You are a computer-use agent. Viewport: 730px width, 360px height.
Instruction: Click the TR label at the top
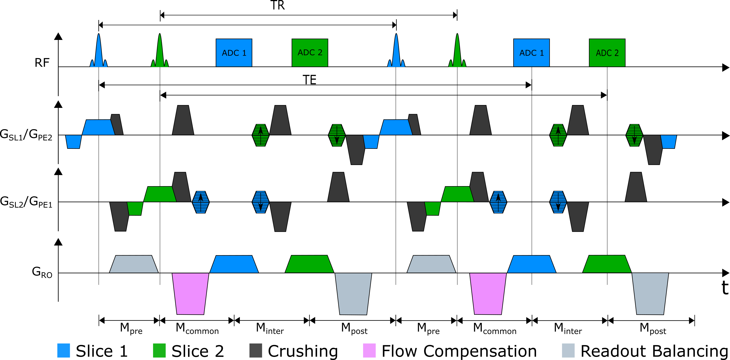tap(277, 5)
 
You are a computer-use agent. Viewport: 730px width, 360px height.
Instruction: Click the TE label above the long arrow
tap(309, 80)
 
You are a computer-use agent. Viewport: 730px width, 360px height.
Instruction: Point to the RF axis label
tap(42, 63)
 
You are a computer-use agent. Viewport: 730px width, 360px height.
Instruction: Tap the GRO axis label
tap(42, 272)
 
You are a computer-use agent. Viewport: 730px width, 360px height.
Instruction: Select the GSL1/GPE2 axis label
tap(26, 134)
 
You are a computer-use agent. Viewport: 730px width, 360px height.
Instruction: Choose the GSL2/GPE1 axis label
tap(26, 202)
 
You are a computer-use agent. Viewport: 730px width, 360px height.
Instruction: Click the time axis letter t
tap(724, 288)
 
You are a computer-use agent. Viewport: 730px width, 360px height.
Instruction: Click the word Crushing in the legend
tap(303, 351)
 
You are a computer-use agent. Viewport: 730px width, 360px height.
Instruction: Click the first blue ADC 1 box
tap(234, 53)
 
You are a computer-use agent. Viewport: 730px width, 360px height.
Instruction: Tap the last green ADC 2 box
tap(607, 53)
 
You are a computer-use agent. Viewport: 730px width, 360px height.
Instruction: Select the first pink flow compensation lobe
tap(190, 294)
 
